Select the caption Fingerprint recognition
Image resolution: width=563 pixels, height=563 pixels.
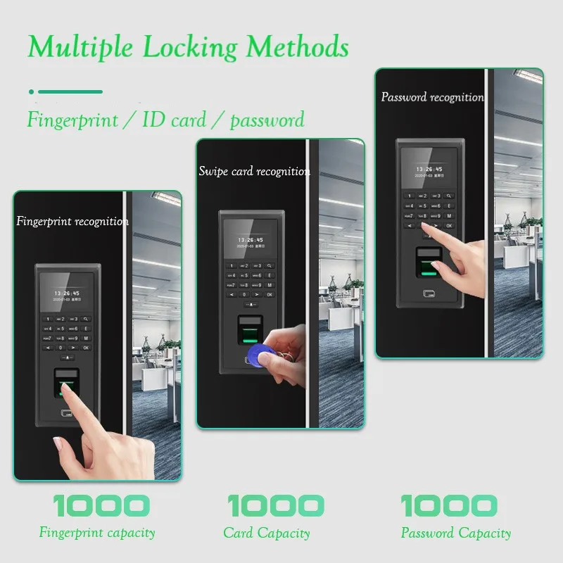tap(72, 221)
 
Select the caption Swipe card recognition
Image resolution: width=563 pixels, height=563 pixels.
tap(254, 171)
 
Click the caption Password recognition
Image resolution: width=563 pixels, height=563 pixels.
tap(432, 97)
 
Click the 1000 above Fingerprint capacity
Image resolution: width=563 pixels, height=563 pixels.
tap(101, 505)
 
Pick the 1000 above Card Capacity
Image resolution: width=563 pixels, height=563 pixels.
tap(275, 505)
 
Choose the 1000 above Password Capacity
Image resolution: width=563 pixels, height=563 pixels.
tap(449, 505)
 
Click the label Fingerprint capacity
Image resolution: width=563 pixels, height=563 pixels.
tap(97, 533)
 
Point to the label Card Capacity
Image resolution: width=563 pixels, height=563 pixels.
tap(267, 533)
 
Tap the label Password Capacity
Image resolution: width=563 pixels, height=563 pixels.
tap(456, 533)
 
